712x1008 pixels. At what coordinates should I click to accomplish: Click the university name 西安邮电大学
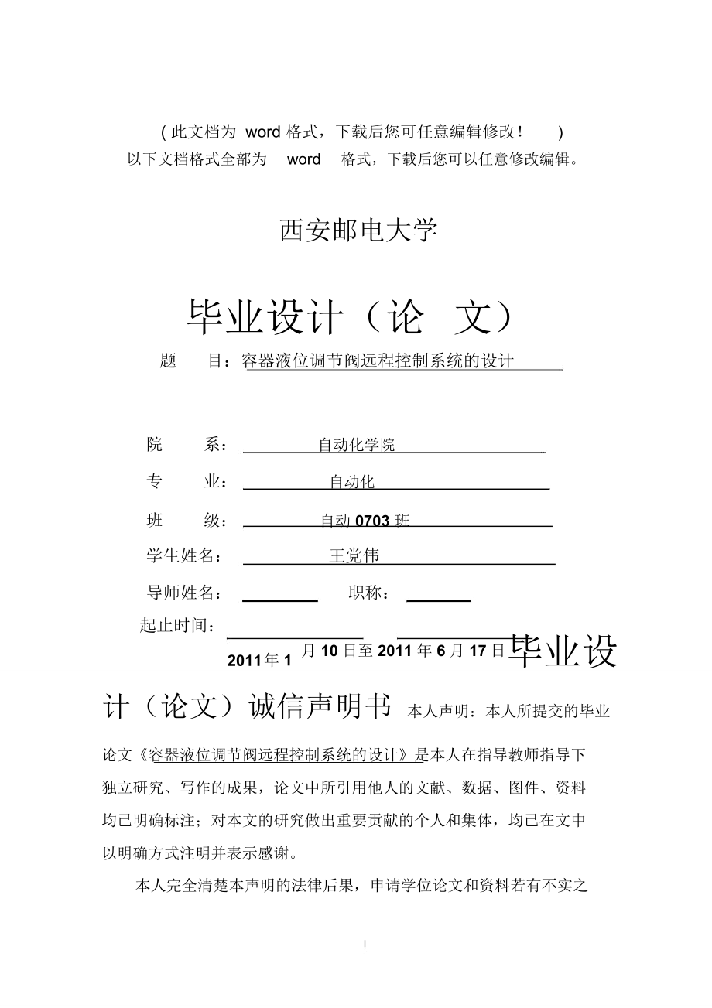click(x=358, y=231)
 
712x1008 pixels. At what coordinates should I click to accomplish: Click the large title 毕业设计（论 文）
click(x=350, y=318)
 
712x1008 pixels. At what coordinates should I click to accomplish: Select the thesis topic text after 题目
click(x=379, y=361)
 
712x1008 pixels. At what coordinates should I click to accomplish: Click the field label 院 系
click(x=187, y=445)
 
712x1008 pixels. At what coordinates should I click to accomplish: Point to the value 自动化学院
click(x=357, y=445)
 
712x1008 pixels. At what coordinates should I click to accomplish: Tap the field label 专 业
click(x=187, y=482)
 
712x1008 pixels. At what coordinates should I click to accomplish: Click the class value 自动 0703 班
click(x=365, y=521)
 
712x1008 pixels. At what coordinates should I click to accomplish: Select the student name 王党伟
click(x=354, y=556)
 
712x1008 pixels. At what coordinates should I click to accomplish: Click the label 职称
click(x=369, y=593)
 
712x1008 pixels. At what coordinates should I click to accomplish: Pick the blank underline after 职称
click(x=439, y=600)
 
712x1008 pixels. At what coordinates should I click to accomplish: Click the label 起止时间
click(x=177, y=626)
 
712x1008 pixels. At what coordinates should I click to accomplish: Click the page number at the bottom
click(x=364, y=944)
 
